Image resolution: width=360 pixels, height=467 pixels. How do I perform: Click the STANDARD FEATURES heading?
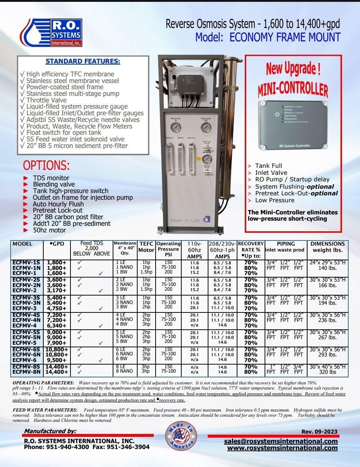click(83, 61)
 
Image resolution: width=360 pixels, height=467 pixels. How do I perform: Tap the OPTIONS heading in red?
click(46, 165)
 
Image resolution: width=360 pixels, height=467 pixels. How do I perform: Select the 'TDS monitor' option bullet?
click(51, 178)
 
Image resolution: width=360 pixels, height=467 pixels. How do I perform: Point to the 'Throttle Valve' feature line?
click(46, 100)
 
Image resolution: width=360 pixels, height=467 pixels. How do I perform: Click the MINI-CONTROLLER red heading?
click(293, 89)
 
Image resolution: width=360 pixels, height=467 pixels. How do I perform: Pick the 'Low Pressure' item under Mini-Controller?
click(274, 200)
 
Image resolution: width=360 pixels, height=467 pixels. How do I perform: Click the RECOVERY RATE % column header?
click(251, 249)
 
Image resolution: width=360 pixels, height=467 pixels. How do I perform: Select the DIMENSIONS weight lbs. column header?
click(327, 247)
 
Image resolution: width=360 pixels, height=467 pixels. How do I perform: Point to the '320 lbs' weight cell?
click(327, 372)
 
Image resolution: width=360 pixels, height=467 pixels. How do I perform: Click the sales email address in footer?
click(281, 441)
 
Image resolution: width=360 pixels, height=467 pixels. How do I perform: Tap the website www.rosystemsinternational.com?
click(282, 448)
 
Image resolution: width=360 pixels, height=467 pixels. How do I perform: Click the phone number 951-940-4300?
click(68, 447)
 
